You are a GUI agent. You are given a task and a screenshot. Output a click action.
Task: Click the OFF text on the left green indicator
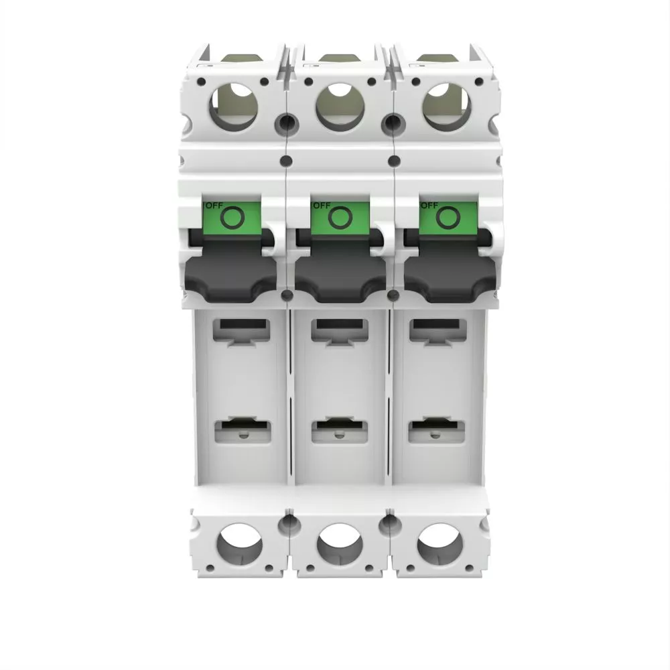tap(214, 206)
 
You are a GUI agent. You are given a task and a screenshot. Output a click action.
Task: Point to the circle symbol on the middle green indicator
tap(340, 217)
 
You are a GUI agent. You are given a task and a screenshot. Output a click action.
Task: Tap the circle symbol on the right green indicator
tap(448, 217)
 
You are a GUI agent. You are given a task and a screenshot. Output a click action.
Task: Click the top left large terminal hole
tap(233, 107)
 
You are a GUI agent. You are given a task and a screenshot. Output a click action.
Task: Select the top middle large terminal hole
tap(340, 107)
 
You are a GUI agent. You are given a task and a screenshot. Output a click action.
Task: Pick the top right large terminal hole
tap(447, 107)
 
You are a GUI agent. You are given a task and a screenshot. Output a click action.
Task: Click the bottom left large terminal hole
tap(240, 545)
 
